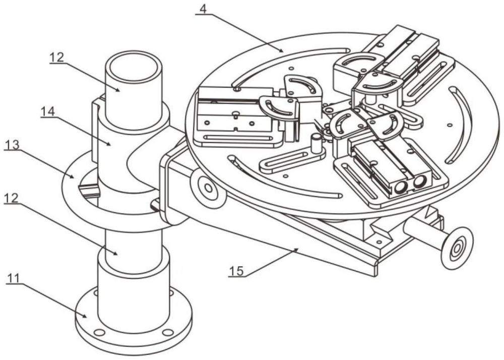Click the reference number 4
(203, 9)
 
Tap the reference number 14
(48, 112)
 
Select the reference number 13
(12, 145)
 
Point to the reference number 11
(13, 278)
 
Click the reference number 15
(236, 271)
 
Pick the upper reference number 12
(57, 58)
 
